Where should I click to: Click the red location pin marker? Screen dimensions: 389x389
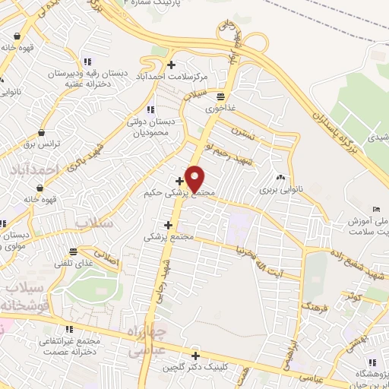point(194,179)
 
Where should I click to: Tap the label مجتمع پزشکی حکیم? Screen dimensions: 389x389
point(179,194)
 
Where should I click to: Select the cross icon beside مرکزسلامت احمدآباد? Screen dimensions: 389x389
point(172,65)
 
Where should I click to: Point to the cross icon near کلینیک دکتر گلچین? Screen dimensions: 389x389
point(196,356)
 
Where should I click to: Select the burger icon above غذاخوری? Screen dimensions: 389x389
point(220,96)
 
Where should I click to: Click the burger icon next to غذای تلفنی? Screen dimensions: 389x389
point(73,251)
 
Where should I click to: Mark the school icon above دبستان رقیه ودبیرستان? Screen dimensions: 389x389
point(87,62)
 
